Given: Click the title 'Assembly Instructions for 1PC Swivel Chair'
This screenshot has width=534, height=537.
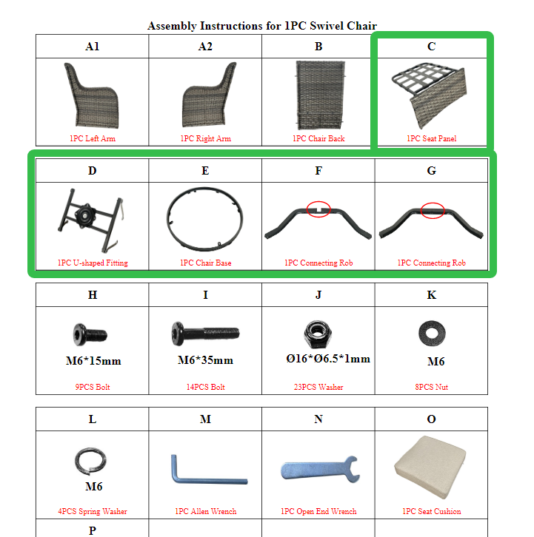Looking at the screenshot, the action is pos(262,26).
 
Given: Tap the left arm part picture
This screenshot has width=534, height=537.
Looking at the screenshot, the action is pos(92,95).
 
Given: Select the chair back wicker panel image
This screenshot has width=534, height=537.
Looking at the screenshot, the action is pos(320,95).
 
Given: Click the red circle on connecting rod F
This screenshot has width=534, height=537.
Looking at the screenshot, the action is pos(318,209).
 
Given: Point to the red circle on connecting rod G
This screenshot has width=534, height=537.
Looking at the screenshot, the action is pos(433,210).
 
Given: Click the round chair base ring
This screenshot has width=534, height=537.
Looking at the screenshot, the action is pos(168,219).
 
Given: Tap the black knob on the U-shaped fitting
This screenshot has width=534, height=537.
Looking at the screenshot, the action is pos(84,215).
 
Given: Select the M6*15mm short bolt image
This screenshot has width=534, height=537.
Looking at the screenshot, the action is pos(90,334).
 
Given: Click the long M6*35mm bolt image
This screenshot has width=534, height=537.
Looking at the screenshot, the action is pos(205,333).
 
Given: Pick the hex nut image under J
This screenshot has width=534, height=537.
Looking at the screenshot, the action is pos(318,333).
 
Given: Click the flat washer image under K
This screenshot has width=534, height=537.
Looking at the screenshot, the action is pos(432,334).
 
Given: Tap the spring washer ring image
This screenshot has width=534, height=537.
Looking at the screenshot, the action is pos(76,461).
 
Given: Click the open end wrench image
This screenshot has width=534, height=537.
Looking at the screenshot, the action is pos(320,470).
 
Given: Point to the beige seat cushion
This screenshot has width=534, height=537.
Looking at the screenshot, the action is pos(430,467).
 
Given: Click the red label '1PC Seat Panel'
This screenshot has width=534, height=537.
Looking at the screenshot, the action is pos(432,138).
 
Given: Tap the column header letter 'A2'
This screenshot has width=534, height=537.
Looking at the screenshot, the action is pos(205,47).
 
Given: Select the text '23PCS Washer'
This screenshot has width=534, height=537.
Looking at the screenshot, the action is pos(318,387).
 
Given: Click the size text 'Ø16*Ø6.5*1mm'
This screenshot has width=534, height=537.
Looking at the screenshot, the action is pos(328,359).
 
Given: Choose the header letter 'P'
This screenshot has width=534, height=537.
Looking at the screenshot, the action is pos(93,530).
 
